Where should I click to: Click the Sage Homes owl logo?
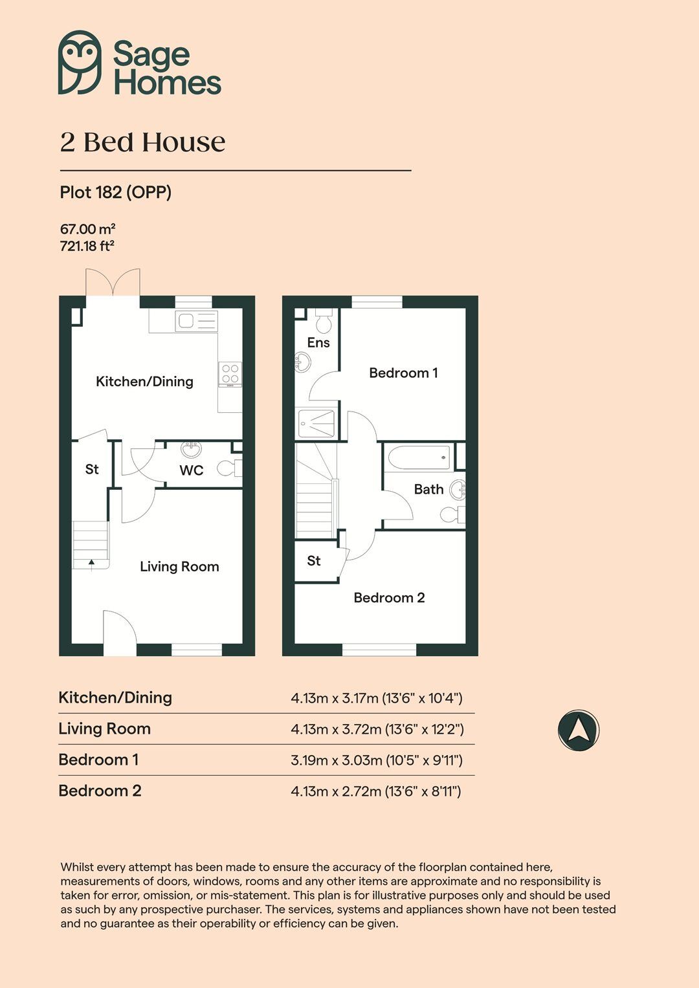[x=80, y=62]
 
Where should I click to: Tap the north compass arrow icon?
[x=579, y=730]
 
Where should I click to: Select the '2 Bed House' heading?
[x=142, y=142]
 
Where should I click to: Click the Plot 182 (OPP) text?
[x=115, y=192]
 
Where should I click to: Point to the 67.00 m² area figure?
[x=87, y=229]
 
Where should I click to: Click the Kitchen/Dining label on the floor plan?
[x=144, y=382]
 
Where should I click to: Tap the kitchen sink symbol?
[x=197, y=321]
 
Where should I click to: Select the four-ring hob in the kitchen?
[x=230, y=374]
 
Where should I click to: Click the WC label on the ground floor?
[x=191, y=470]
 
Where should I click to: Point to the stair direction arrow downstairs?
[x=91, y=564]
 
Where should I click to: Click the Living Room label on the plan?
[x=179, y=567]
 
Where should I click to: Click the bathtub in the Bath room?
[x=419, y=457]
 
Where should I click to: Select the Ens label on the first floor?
[x=318, y=343]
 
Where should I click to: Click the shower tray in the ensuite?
[x=316, y=423]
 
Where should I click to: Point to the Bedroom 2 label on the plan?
[x=389, y=598]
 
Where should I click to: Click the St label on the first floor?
[x=314, y=561]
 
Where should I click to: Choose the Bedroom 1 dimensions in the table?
[x=376, y=760]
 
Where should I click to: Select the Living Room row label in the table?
[x=104, y=729]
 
